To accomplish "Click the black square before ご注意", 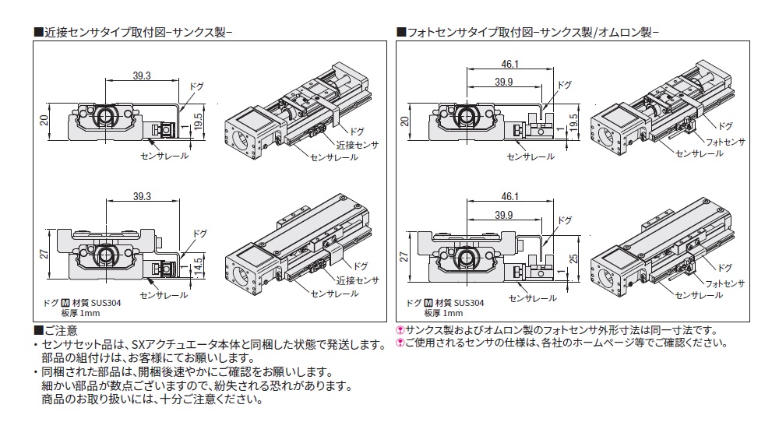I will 37,331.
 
